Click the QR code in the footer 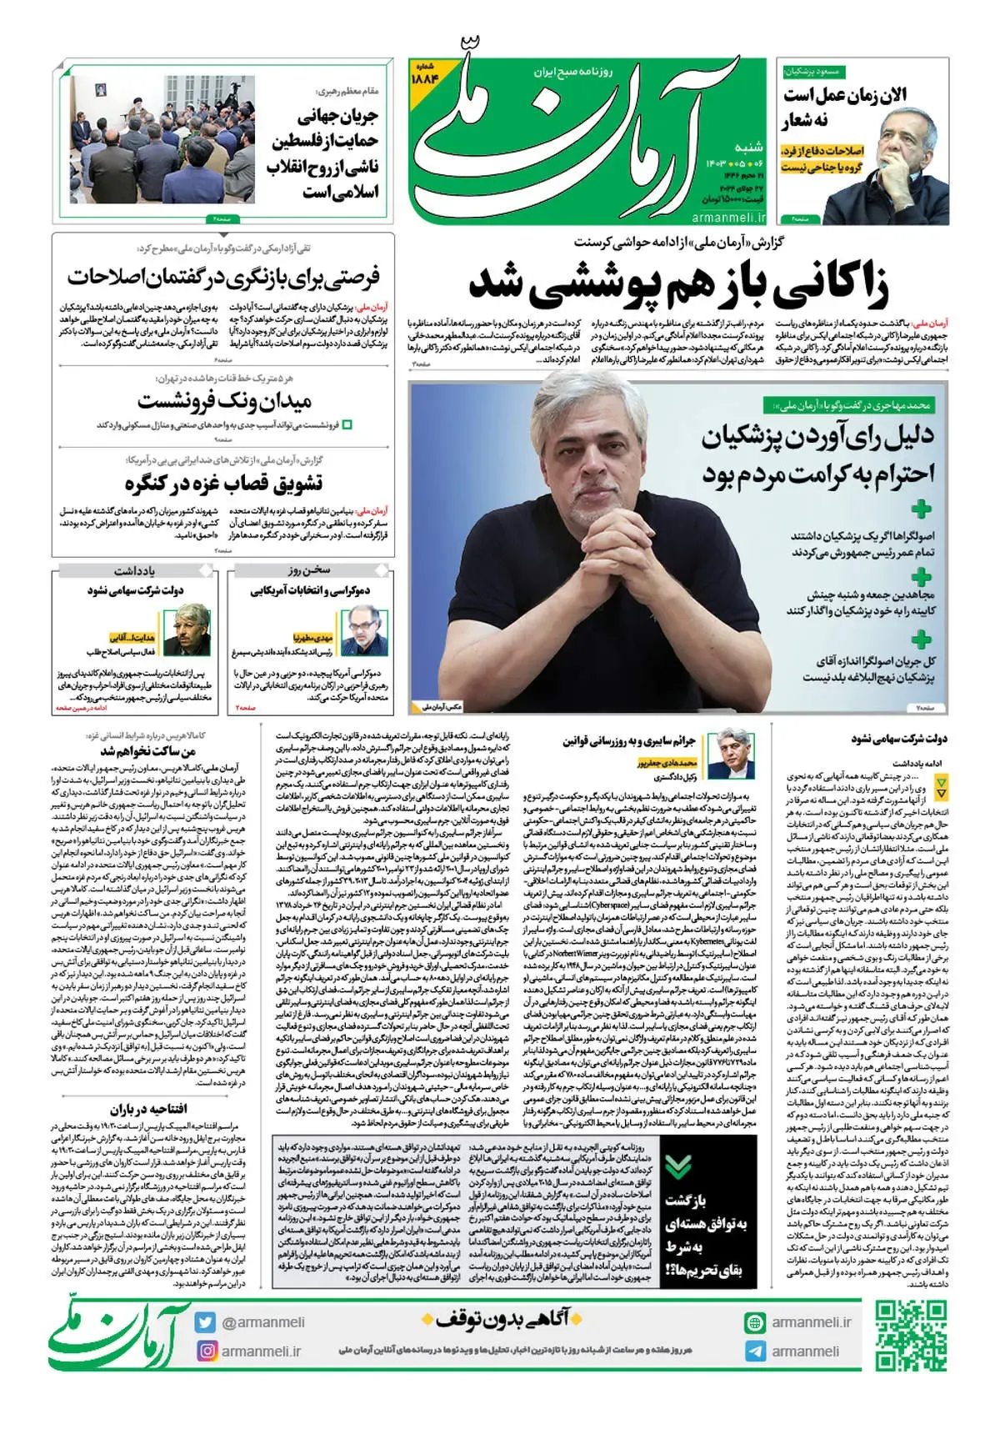click(x=911, y=1336)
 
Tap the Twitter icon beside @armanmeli click(x=205, y=1322)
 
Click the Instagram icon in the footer click(x=205, y=1351)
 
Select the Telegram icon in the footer click(x=755, y=1351)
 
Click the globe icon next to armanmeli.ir click(x=755, y=1322)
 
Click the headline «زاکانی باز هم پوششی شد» click(x=678, y=283)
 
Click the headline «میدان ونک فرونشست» click(x=225, y=401)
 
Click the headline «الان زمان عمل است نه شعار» click(x=844, y=107)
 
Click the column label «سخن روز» click(x=310, y=570)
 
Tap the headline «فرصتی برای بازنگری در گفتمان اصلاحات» click(x=223, y=275)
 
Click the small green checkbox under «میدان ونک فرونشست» click(x=347, y=424)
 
